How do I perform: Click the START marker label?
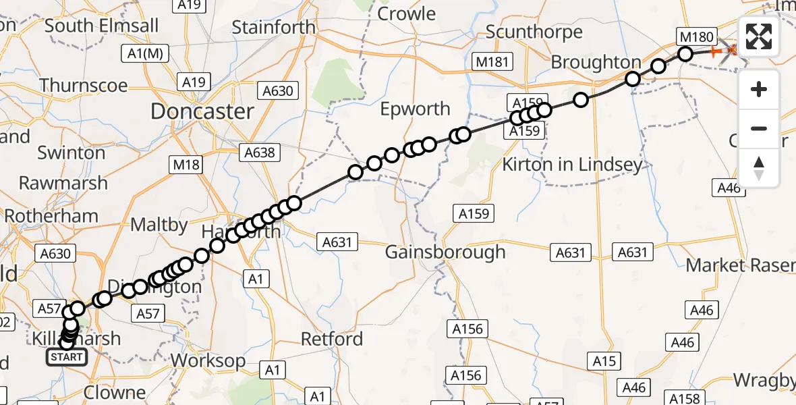coord(67,357)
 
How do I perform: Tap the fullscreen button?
coord(759,37)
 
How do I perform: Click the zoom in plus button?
coord(759,89)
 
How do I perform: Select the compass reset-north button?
coord(759,167)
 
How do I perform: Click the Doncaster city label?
coord(202,111)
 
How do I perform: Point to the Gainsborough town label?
coord(445,252)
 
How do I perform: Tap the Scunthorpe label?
coord(534,32)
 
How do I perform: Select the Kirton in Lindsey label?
coord(573,165)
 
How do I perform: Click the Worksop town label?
coord(208,360)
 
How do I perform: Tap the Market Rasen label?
coord(740,265)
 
